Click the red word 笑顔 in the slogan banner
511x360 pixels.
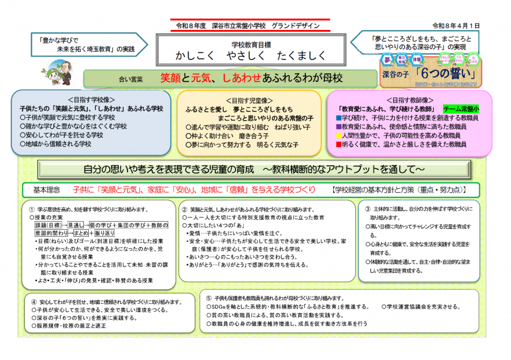pos(171,78)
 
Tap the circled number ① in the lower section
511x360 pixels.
pos(32,209)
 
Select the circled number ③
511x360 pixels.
pos(368,209)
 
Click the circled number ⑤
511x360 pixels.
pos(209,298)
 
